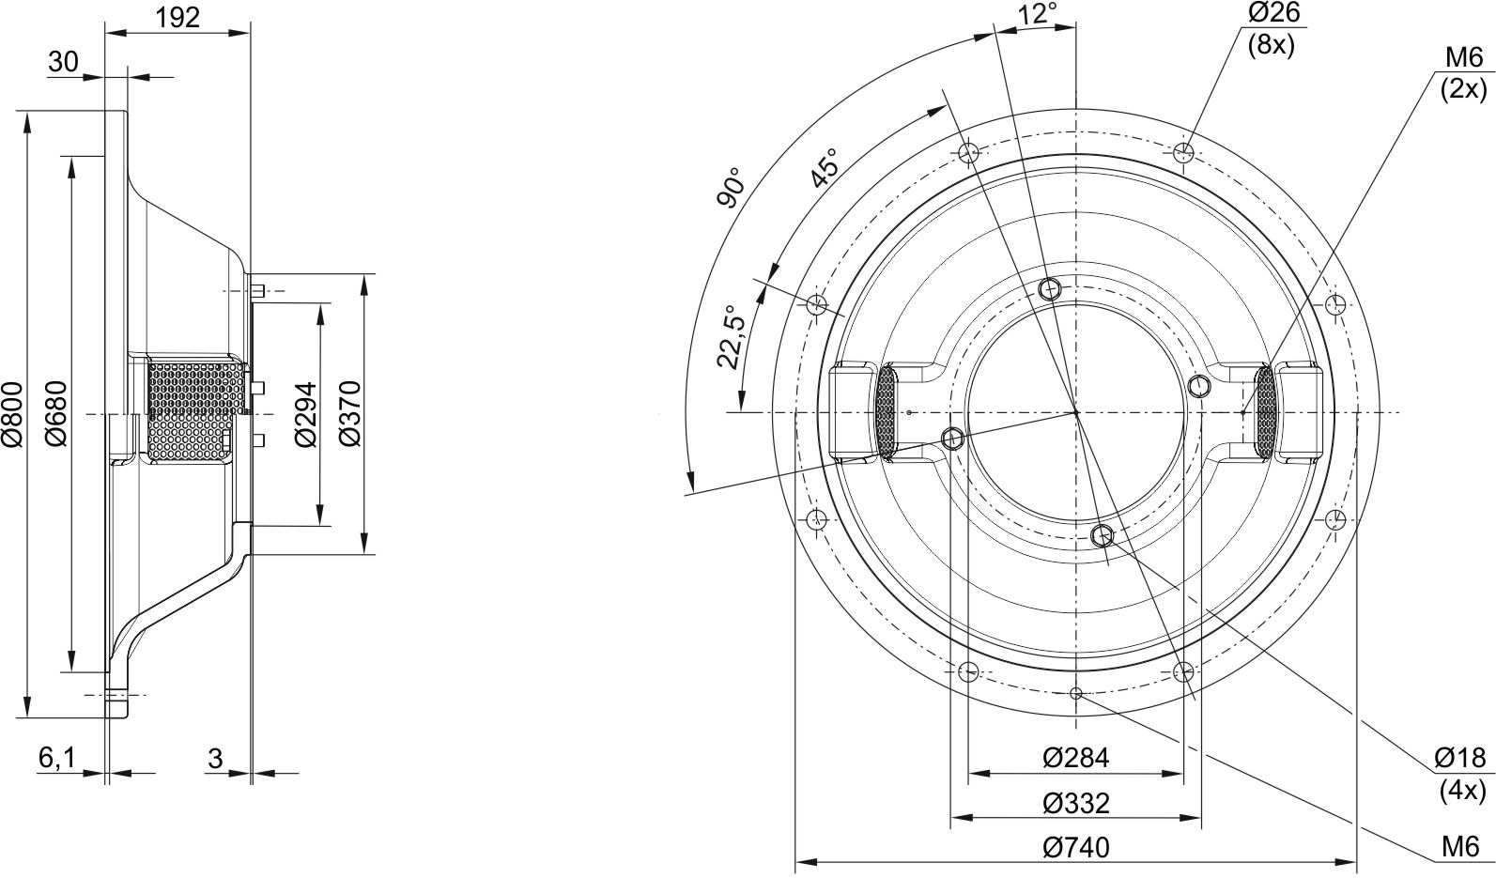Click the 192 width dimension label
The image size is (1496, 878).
pyautogui.click(x=177, y=17)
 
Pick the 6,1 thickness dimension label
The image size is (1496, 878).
pyautogui.click(x=57, y=758)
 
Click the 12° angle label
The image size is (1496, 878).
pyautogui.click(x=1037, y=13)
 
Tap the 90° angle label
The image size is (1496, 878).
pyautogui.click(x=730, y=188)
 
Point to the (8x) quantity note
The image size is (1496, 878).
pyautogui.click(x=1271, y=45)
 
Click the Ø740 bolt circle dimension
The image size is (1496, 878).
pyautogui.click(x=1075, y=847)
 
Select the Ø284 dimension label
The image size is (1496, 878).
pyautogui.click(x=1075, y=758)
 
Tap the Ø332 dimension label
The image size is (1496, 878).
pyautogui.click(x=1075, y=803)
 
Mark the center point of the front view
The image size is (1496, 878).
pyautogui.click(x=1076, y=412)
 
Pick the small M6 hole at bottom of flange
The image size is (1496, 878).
pyautogui.click(x=1076, y=694)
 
